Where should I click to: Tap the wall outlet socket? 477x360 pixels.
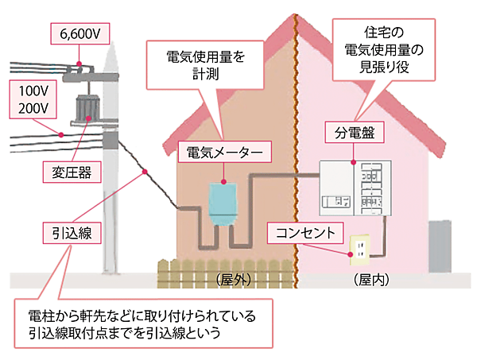point(359,249)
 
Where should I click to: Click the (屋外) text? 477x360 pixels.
point(234,281)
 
